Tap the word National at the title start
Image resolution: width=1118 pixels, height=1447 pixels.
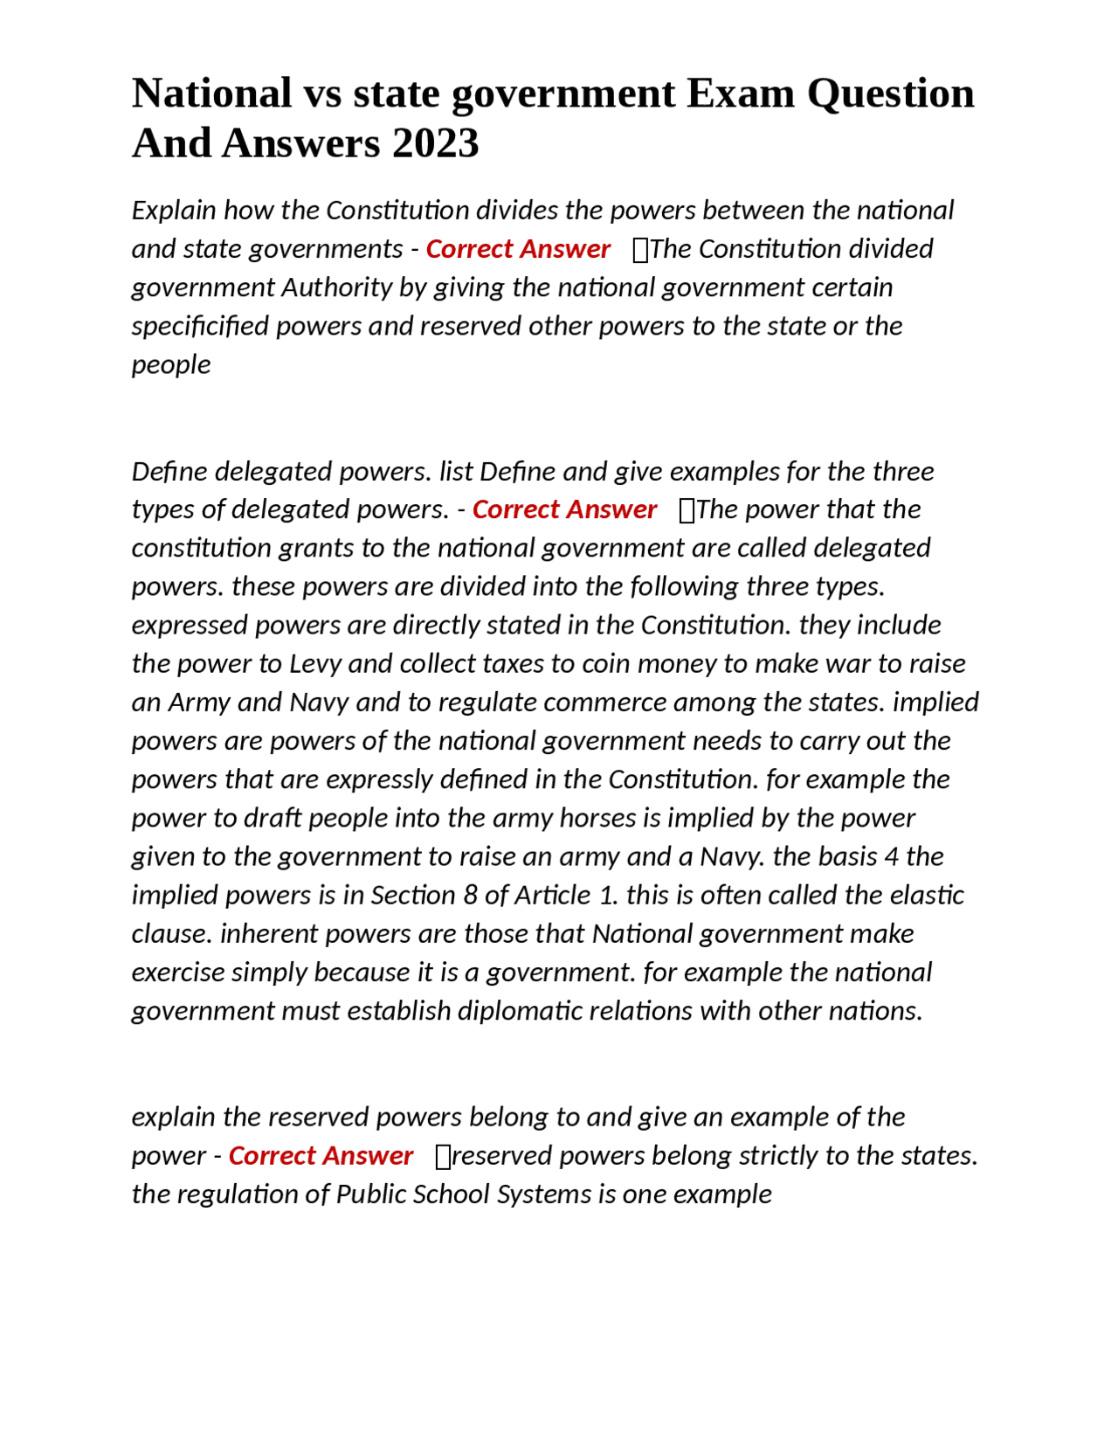212,93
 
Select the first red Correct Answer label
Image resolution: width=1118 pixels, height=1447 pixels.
517,249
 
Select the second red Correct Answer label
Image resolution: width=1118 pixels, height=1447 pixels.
564,509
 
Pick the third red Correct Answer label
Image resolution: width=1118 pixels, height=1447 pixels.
321,1156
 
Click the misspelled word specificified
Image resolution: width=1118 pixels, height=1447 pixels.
200,326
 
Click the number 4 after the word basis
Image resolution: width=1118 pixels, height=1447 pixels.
891,856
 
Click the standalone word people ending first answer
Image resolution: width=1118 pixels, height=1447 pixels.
171,365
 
